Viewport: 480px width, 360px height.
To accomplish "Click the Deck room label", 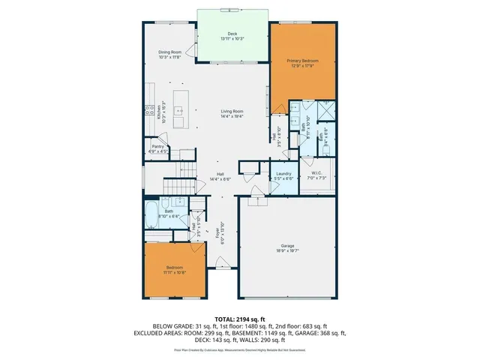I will click(232, 34).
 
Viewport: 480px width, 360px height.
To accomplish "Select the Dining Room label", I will click(170, 52).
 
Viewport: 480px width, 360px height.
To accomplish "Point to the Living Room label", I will click(232, 112).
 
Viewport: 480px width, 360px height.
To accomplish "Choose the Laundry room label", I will click(283, 173).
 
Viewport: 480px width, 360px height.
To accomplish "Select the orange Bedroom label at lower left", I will click(174, 268).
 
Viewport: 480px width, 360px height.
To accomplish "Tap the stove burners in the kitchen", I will click(149, 109).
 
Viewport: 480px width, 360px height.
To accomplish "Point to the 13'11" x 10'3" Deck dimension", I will click(232, 39).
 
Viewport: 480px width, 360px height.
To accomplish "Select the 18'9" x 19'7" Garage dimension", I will click(287, 250).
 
